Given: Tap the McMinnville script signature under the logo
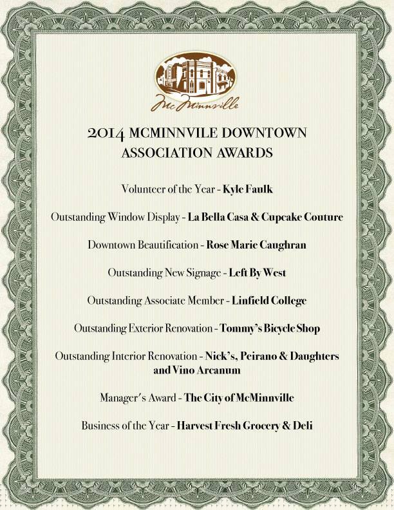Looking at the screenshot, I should click(196, 102).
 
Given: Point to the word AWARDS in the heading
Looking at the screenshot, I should click(241, 153).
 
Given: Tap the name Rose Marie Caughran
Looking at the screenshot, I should click(256, 245).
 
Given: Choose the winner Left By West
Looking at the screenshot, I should click(258, 272).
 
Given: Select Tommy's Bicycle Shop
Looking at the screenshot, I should click(270, 328).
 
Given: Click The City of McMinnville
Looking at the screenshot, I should click(239, 398).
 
